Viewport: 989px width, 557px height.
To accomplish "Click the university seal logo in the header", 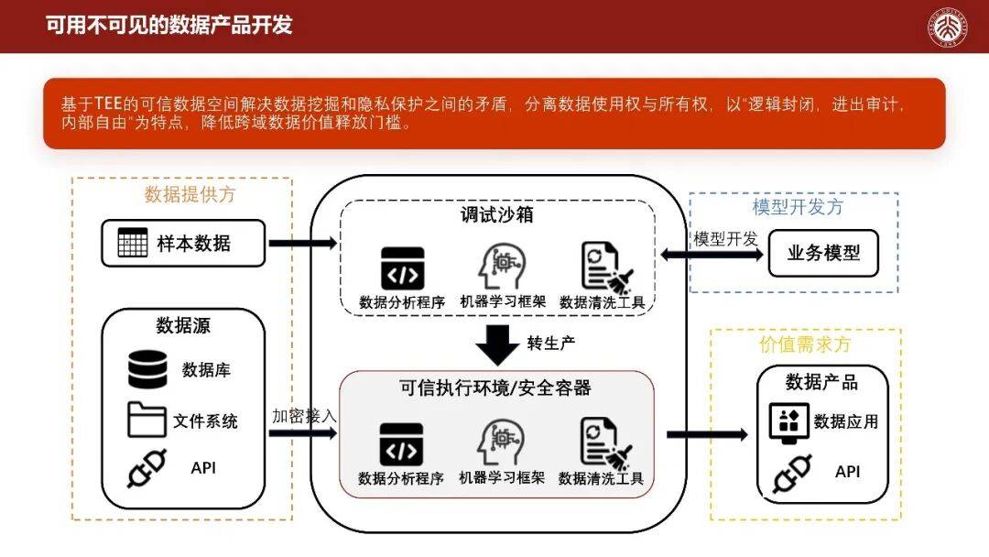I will pos(952,27).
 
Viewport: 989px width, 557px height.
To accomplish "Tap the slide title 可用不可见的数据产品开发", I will pos(169,25).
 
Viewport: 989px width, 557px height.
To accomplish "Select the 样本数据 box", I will pos(183,243).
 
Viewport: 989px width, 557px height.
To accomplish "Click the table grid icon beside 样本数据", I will pos(133,243).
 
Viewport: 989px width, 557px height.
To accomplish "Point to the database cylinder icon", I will pos(147,369).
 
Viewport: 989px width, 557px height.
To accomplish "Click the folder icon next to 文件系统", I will pos(147,420).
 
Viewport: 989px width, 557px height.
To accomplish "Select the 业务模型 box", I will pos(823,253).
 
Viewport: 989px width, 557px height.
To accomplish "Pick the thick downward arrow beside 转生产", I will pos(498,345).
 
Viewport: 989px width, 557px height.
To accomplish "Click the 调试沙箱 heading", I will pos(496,216).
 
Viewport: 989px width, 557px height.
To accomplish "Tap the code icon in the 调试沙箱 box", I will pos(402,268).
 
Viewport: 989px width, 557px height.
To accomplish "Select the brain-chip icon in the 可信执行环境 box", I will pos(501,442).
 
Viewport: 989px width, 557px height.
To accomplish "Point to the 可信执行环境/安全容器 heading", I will pos(495,388).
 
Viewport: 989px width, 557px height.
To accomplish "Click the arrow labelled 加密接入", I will pos(303,432).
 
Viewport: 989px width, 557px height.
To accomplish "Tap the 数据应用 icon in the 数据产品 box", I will pos(787,421).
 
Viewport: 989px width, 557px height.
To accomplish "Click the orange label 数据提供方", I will pos(190,194).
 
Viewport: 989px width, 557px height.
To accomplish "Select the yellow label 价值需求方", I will pos(805,344).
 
